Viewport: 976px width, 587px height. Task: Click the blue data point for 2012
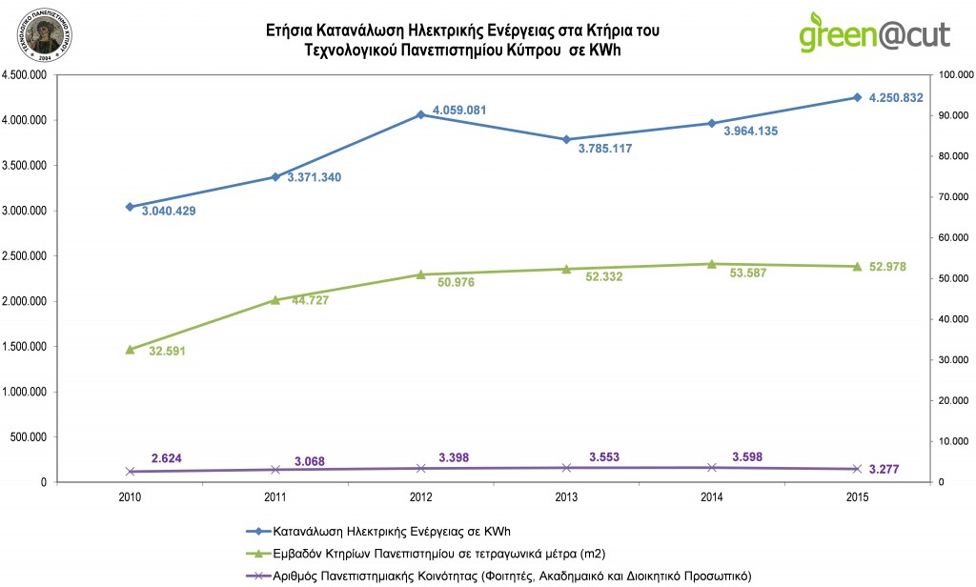click(420, 114)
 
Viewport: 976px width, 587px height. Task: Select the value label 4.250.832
click(895, 97)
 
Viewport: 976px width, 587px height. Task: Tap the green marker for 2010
click(130, 350)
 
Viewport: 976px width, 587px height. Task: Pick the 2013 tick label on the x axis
click(566, 497)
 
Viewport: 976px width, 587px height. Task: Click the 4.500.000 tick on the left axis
click(29, 75)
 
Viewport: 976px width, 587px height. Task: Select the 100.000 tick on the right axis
click(955, 75)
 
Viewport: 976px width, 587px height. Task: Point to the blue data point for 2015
click(857, 97)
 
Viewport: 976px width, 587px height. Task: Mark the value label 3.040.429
click(169, 212)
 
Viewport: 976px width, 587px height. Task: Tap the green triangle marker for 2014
click(711, 264)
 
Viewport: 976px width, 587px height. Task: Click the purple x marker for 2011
click(275, 470)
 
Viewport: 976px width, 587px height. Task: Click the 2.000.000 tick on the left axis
click(29, 301)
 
